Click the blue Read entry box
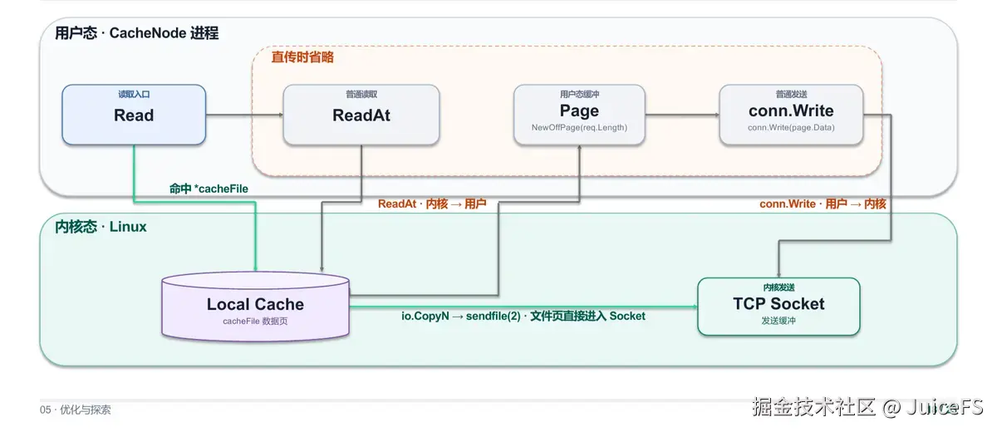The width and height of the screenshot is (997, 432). coord(134,115)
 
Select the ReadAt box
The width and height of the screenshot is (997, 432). coord(361,115)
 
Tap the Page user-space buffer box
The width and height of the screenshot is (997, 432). coord(579,115)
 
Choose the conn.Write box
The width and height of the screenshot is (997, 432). coord(791,115)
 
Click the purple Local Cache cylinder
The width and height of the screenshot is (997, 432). coord(256,307)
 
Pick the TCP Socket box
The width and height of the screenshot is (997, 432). coord(778,307)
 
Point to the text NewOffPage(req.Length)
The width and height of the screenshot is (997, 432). coord(579,128)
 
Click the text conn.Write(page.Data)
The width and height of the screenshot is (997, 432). coord(791,128)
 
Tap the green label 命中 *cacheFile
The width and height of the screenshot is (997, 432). coord(209,189)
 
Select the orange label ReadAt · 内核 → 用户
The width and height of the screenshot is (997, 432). coord(432,204)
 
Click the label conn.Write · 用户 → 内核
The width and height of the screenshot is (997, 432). coord(823,204)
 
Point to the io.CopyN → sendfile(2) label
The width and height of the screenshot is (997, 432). coord(523,316)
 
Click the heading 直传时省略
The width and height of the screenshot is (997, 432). coord(302,57)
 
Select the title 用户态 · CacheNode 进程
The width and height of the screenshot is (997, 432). coord(136,33)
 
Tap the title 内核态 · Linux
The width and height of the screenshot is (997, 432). coord(101,227)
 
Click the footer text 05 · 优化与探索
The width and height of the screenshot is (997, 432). coord(76,410)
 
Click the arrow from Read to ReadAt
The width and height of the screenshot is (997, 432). coord(244,115)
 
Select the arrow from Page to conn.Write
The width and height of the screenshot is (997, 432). coord(682,115)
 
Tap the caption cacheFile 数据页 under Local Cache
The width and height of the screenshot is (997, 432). coord(255,322)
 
